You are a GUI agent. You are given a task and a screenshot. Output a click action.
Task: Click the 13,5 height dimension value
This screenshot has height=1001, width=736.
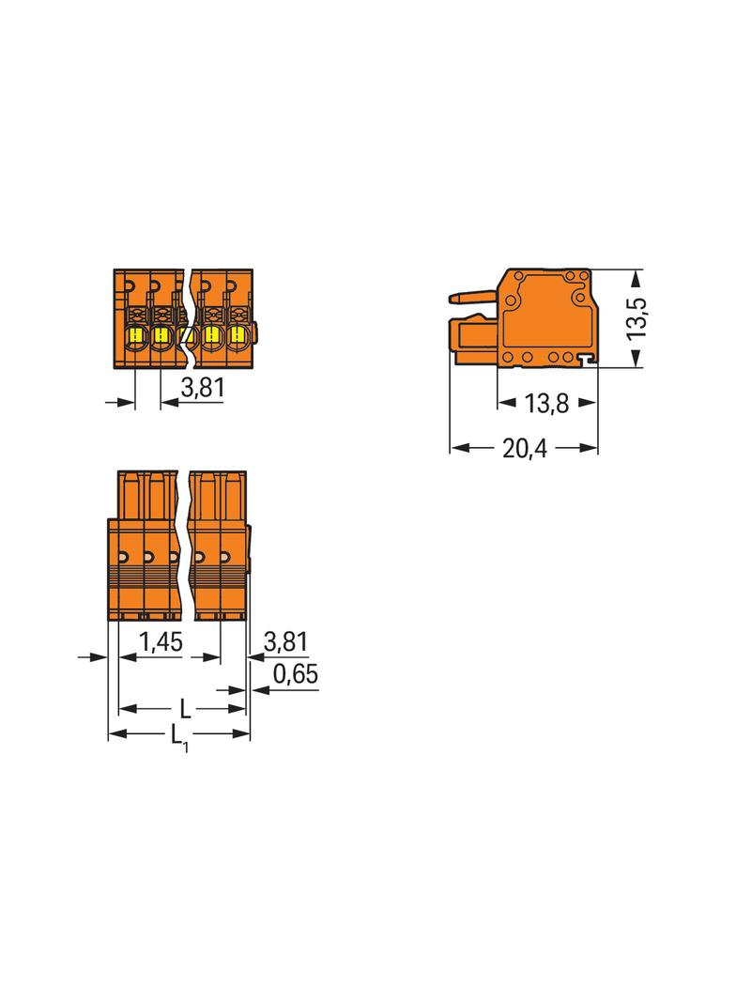[x=637, y=318]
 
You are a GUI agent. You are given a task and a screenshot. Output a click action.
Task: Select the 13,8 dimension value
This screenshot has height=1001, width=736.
[x=546, y=404]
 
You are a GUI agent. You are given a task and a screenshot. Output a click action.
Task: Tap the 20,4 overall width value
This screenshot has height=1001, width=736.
[x=525, y=449]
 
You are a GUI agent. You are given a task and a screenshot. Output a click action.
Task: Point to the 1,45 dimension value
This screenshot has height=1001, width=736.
[x=161, y=641]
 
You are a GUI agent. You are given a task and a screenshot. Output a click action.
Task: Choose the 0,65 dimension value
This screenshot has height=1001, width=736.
[x=296, y=674]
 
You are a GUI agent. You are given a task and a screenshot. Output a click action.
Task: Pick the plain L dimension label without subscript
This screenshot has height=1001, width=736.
[x=185, y=709]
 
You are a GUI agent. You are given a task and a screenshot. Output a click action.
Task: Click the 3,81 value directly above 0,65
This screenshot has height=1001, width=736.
[x=286, y=641]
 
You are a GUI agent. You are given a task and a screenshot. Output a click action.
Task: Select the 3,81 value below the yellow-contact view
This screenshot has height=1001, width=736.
[x=203, y=388]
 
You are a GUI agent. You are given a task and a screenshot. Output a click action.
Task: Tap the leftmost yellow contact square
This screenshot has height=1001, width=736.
[x=136, y=334]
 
